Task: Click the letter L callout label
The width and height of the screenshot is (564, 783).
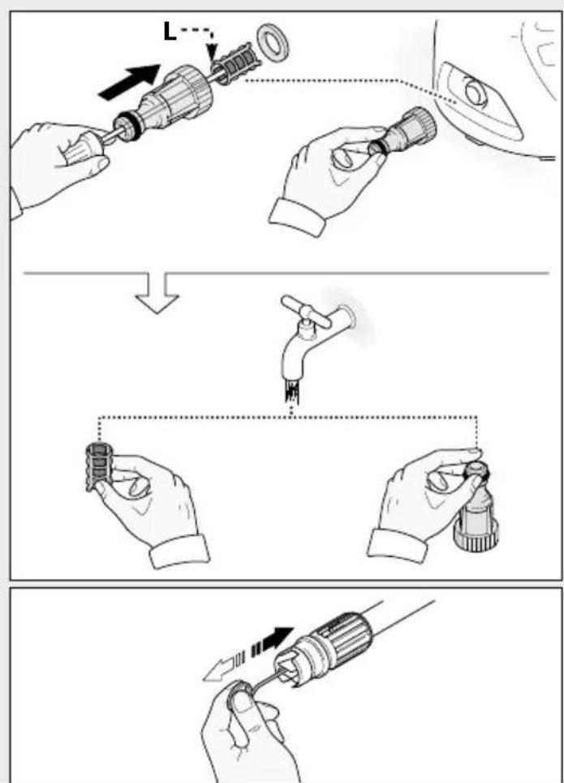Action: pos(170,32)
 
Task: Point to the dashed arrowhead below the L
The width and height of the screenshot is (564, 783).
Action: pos(213,51)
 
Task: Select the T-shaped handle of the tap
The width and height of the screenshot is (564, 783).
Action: pos(305,312)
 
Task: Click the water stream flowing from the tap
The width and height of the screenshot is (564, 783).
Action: pos(292,390)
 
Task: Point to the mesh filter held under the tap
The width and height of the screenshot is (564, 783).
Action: pos(98,466)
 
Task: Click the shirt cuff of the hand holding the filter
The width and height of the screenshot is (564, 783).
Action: pos(180,551)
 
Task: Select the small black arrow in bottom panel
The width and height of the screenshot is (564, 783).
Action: pos(272,639)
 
